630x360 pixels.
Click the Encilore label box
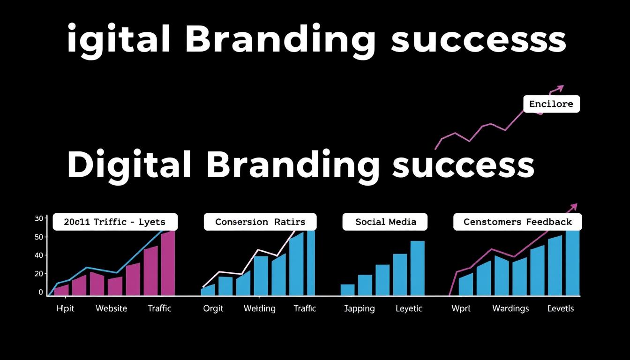click(551, 104)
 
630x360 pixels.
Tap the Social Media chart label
click(385, 222)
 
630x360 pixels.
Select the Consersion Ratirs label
click(260, 222)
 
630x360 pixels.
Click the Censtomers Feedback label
click(517, 222)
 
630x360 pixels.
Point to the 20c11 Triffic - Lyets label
click(115, 222)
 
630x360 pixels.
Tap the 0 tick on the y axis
click(41, 292)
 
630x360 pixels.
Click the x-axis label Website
click(111, 308)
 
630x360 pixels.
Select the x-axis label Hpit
click(65, 308)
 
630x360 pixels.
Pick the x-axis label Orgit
click(213, 308)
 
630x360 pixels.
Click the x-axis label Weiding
click(260, 308)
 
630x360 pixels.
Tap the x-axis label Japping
click(360, 308)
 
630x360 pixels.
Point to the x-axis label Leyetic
click(409, 308)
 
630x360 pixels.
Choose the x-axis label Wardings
click(510, 308)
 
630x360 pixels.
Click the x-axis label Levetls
click(561, 308)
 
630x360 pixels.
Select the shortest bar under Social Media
click(347, 290)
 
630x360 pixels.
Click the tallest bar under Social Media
click(417, 268)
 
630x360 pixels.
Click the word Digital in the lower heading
click(129, 165)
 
